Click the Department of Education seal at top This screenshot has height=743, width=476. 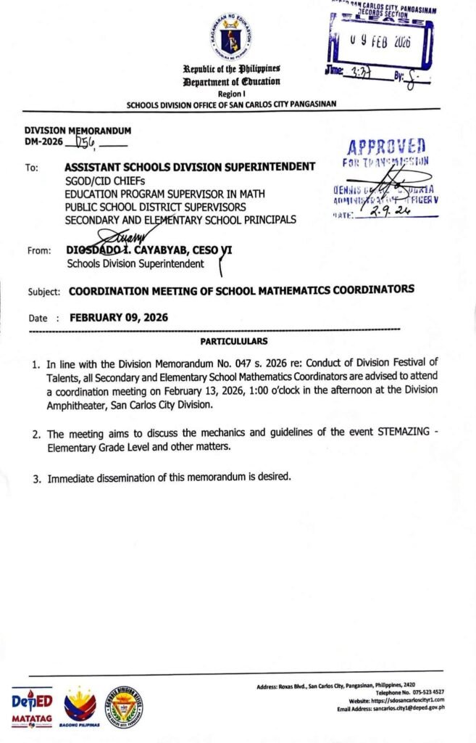(x=233, y=37)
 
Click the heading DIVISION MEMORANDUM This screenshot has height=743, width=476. (x=78, y=130)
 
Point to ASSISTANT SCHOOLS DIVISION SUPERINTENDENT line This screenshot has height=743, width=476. (x=190, y=167)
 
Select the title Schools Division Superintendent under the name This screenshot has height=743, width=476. (x=135, y=263)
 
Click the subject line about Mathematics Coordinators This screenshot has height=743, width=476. (x=241, y=290)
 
